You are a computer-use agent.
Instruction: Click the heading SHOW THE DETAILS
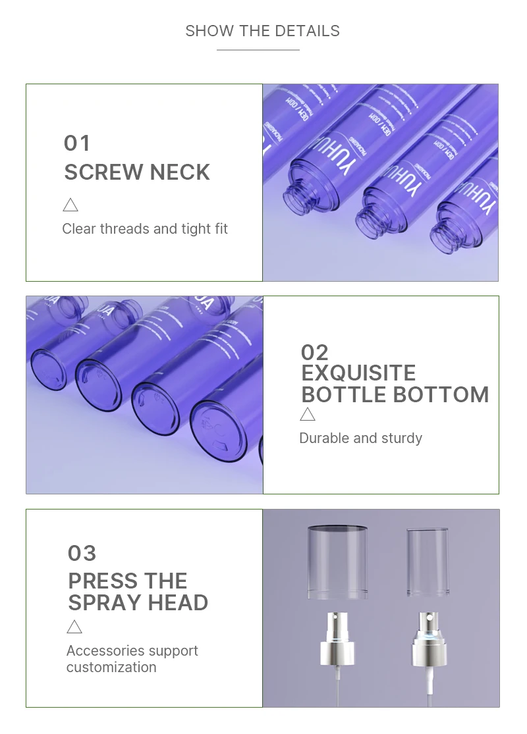[x=262, y=31]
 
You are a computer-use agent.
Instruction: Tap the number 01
[x=77, y=144]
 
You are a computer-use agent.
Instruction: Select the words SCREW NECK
[x=137, y=172]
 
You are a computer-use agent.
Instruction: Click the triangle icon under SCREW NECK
[x=70, y=205]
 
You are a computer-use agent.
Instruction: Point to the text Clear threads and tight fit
[x=145, y=229]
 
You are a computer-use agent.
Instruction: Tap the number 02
[x=314, y=352]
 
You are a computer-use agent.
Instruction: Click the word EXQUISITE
[x=358, y=373]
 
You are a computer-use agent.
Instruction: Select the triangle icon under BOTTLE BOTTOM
[x=308, y=414]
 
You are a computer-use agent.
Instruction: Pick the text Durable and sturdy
[x=360, y=438]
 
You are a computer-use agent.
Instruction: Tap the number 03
[x=82, y=554]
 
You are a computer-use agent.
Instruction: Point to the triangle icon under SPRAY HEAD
[x=74, y=627]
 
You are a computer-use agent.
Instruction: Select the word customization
[x=111, y=667]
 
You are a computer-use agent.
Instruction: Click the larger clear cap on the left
[x=337, y=561]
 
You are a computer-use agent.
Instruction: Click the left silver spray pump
[x=337, y=639]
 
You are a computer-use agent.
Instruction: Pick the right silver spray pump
[x=428, y=639]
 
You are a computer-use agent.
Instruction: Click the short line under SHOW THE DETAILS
[x=258, y=50]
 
